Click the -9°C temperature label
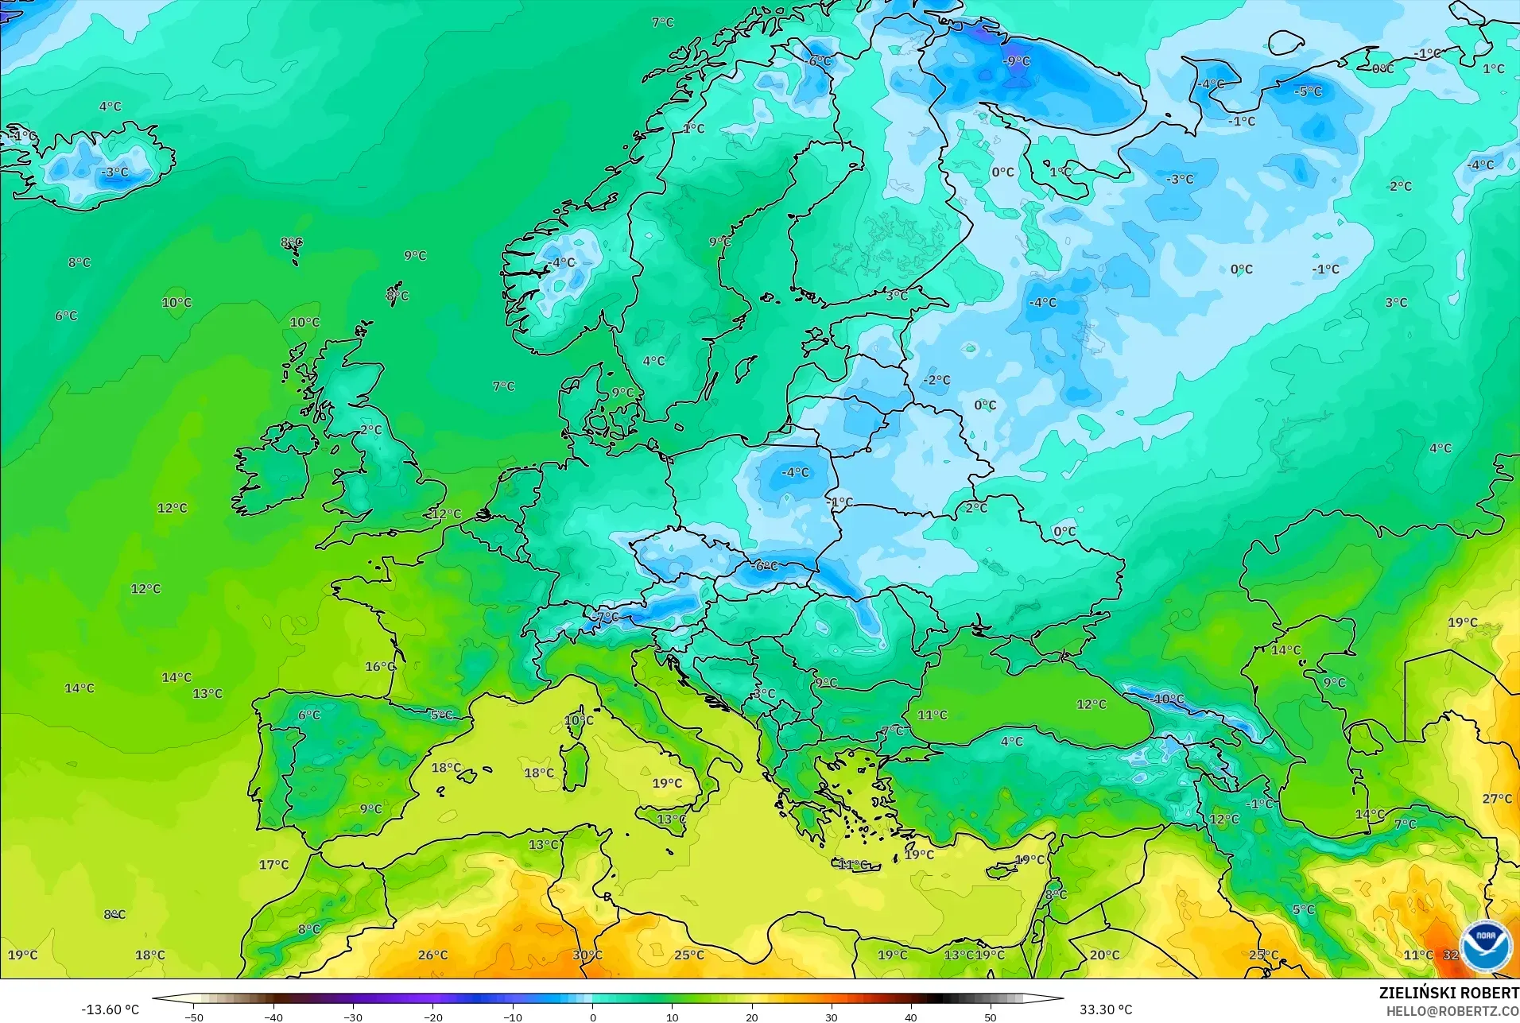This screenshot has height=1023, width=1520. (x=1015, y=61)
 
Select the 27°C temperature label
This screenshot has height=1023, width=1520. (x=1497, y=799)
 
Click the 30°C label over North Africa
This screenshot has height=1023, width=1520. (x=587, y=955)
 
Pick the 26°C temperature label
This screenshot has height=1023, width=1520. (x=432, y=955)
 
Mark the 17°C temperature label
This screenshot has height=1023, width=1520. (x=273, y=865)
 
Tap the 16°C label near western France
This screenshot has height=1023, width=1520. (x=380, y=667)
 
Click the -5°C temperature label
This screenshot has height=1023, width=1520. (x=1307, y=92)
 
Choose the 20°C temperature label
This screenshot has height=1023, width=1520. (x=1104, y=955)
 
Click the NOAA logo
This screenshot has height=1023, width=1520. (x=1485, y=945)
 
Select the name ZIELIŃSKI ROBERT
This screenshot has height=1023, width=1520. (x=1448, y=994)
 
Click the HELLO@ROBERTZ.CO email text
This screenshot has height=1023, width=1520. (x=1452, y=1012)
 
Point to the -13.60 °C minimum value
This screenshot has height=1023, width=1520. (x=110, y=1009)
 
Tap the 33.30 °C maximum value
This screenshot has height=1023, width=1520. (x=1105, y=1009)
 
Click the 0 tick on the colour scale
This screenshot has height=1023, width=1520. (x=592, y=1017)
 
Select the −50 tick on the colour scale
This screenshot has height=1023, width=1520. (x=193, y=1017)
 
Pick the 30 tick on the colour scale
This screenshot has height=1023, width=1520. (x=831, y=1017)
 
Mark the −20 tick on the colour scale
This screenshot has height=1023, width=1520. (x=432, y=1017)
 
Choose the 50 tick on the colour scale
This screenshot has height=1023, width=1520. (x=990, y=1017)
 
